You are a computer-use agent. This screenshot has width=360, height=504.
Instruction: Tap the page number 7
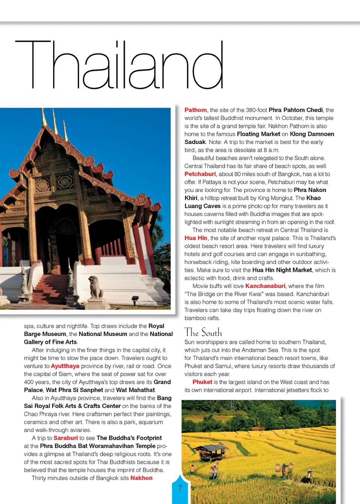coord(180,488)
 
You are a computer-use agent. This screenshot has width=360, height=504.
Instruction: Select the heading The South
coord(203,332)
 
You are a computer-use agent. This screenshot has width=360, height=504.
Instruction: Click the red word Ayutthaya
coord(65,366)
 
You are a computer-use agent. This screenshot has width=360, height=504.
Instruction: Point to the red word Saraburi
coord(66,438)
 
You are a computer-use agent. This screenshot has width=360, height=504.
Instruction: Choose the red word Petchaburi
coord(200,174)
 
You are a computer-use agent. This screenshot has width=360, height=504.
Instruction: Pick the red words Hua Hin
coord(196,238)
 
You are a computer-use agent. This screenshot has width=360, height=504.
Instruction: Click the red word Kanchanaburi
coord(265,286)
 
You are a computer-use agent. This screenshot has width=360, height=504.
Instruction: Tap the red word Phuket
coord(202,382)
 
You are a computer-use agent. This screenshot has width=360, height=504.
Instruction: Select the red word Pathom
coord(195,110)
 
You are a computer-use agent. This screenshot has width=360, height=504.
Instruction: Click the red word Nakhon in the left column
coord(141,478)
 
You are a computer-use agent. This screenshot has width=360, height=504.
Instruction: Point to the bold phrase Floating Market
coord(258,134)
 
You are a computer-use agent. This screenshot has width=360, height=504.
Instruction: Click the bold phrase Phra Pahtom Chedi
coord(295,110)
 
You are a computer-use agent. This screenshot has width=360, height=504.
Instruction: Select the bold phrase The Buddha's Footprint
coord(129,438)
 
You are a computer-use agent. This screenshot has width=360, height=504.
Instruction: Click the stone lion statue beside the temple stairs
coord(96,287)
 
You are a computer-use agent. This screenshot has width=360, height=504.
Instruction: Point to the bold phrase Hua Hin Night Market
coord(282,270)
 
